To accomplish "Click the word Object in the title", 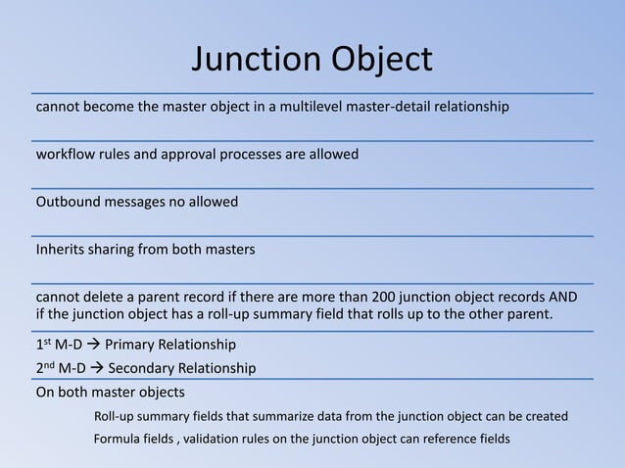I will [x=378, y=60].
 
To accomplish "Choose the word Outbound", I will [x=68, y=202].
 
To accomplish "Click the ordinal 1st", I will [x=43, y=345].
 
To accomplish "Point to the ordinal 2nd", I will [x=45, y=368].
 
